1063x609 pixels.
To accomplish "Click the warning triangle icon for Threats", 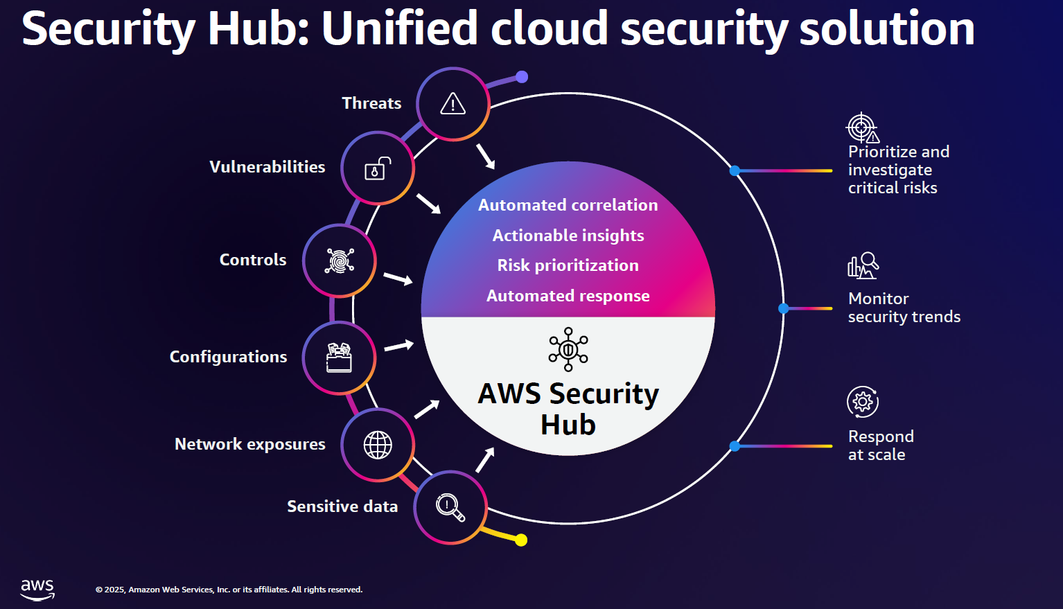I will (x=453, y=104).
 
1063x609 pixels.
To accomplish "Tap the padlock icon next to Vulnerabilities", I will (x=378, y=168).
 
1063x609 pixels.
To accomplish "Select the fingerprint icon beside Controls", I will (x=340, y=261).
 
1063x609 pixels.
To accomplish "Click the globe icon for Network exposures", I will (x=378, y=445).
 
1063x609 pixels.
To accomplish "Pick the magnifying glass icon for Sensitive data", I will (x=450, y=507).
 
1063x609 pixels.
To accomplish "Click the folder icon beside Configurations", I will (x=340, y=358).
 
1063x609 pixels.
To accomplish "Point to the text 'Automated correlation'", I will (x=568, y=205).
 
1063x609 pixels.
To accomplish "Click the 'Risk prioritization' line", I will (x=568, y=265).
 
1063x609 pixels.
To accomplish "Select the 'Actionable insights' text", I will (x=568, y=236).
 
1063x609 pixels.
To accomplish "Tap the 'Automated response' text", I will (x=568, y=296).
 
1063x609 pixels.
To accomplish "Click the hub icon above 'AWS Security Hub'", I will (x=568, y=349).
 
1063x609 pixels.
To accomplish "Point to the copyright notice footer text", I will (x=229, y=590).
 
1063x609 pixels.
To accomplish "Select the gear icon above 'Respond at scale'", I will (x=863, y=402).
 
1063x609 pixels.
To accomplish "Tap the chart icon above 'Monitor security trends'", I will (x=863, y=266).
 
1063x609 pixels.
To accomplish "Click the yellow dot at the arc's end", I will (x=521, y=540).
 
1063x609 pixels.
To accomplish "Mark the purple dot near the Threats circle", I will (x=522, y=77).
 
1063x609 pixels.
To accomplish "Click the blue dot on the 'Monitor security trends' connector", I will (x=784, y=308).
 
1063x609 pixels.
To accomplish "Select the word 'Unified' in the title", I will (x=399, y=29).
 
